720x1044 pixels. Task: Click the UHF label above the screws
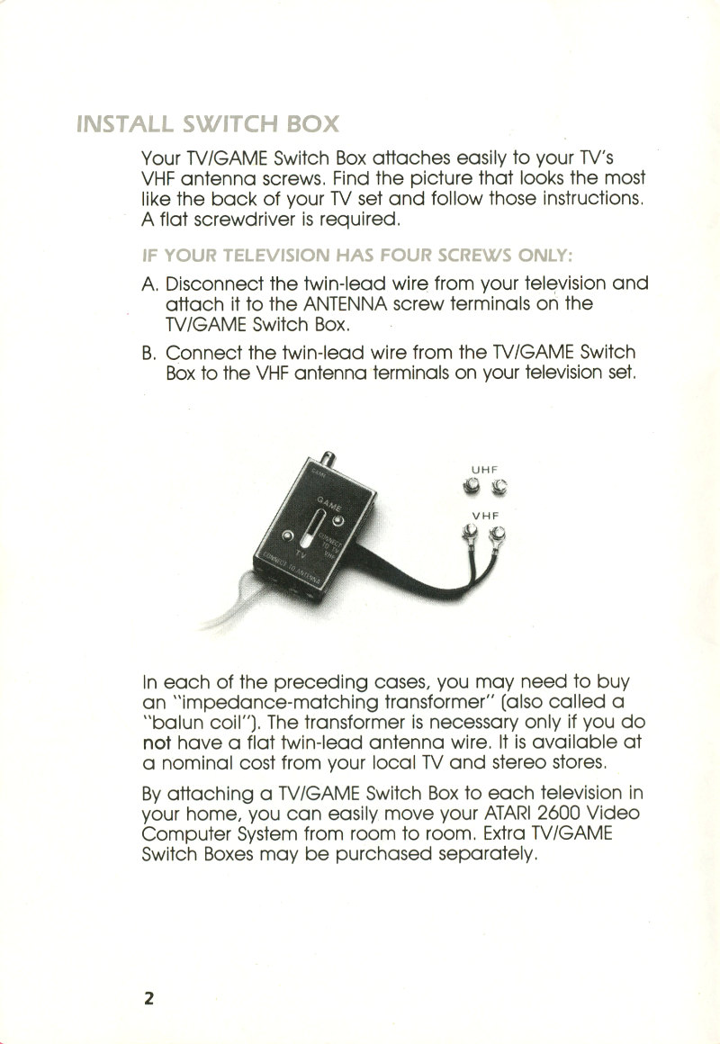pyautogui.click(x=485, y=469)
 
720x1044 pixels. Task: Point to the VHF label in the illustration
pyautogui.click(x=485, y=516)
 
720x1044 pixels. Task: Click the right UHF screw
pyautogui.click(x=499, y=489)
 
